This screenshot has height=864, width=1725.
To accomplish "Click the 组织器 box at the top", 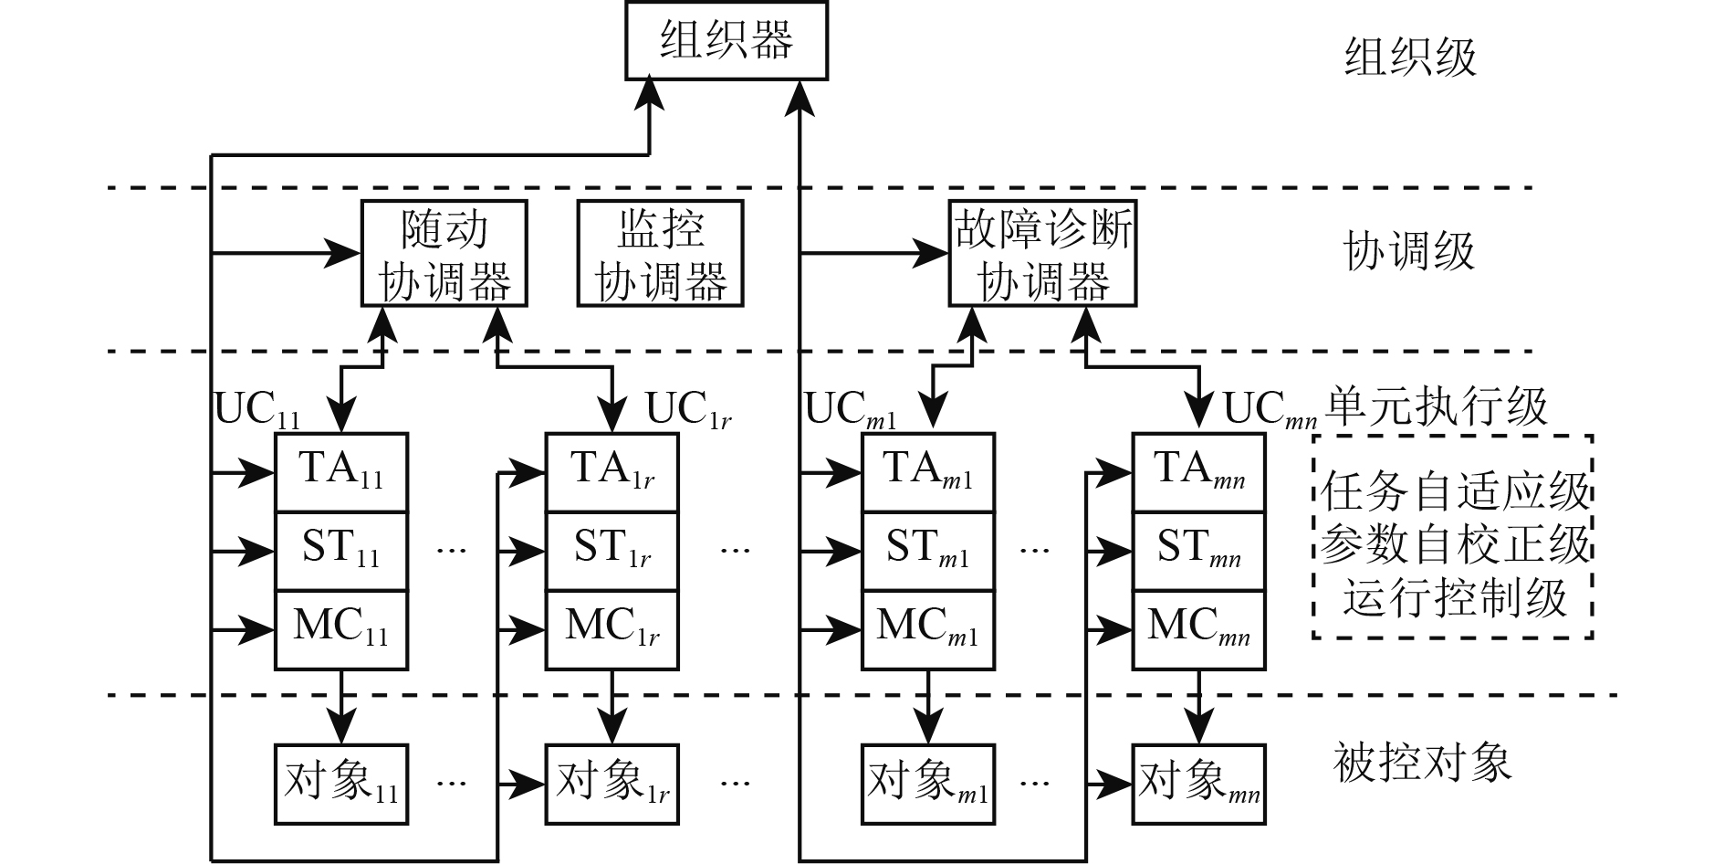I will pyautogui.click(x=726, y=41).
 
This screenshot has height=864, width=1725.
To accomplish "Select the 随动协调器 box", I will pyautogui.click(x=444, y=253).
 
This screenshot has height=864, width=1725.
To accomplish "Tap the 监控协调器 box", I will pyautogui.click(x=660, y=253).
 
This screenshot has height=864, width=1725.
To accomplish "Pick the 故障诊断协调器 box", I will pyautogui.click(x=1042, y=253).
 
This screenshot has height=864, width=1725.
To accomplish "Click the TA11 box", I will pyautogui.click(x=341, y=472).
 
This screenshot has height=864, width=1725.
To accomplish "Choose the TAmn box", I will pyautogui.click(x=1198, y=472).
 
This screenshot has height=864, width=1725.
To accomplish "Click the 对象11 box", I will pyautogui.click(x=341, y=785).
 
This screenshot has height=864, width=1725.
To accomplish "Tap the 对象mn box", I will pyautogui.click(x=1198, y=785).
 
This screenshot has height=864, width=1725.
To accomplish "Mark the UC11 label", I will pyautogui.click(x=256, y=410).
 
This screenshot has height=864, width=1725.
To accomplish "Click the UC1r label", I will pyautogui.click(x=688, y=410).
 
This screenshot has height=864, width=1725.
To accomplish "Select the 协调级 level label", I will pyautogui.click(x=1409, y=251).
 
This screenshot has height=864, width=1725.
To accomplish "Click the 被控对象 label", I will pyautogui.click(x=1422, y=763).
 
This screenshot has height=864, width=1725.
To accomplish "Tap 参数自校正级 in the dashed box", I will pyautogui.click(x=1455, y=545).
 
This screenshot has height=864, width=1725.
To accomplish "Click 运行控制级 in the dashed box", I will pyautogui.click(x=1455, y=598).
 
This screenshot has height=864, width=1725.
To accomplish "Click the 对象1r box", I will pyautogui.click(x=612, y=785).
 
